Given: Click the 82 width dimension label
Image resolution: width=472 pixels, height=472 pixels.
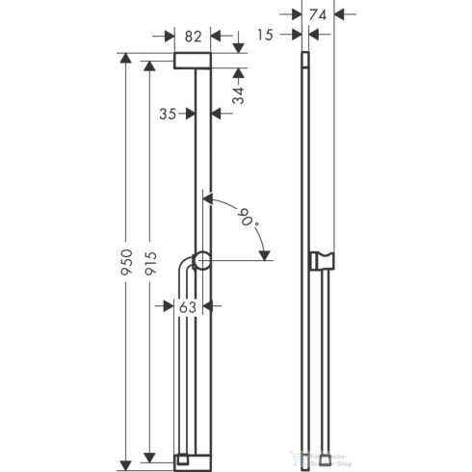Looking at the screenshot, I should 194,36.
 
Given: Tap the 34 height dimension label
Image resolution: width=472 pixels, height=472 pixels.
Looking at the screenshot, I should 238,93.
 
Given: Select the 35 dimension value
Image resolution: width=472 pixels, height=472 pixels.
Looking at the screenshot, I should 167,113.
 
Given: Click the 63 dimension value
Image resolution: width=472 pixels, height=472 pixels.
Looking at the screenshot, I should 188,307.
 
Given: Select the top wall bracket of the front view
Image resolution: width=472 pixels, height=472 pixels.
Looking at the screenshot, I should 194,63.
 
